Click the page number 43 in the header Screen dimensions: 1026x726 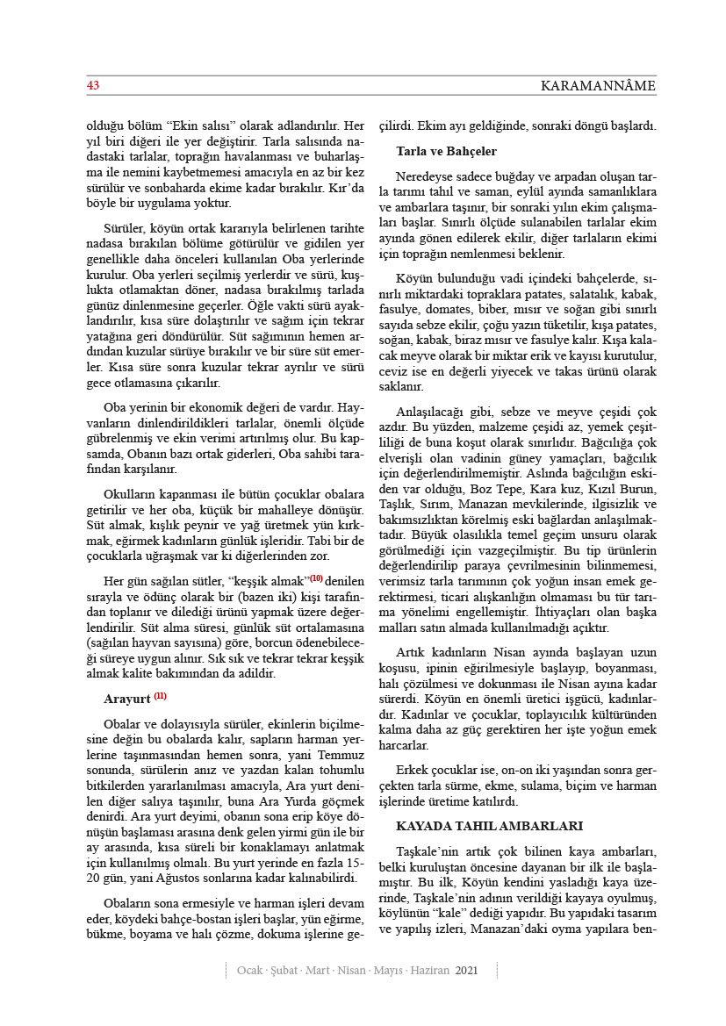pyautogui.click(x=92, y=86)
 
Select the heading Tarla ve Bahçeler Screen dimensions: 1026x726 pyautogui.click(x=446, y=151)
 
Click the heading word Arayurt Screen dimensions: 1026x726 pyautogui.click(x=126, y=699)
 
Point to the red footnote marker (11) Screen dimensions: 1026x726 pyautogui.click(x=160, y=696)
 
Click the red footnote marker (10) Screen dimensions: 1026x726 pyautogui.click(x=316, y=578)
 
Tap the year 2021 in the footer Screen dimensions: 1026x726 pyautogui.click(x=467, y=970)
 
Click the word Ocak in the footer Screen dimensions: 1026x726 pyautogui.click(x=252, y=970)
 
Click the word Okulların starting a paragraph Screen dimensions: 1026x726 pyautogui.click(x=128, y=494)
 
